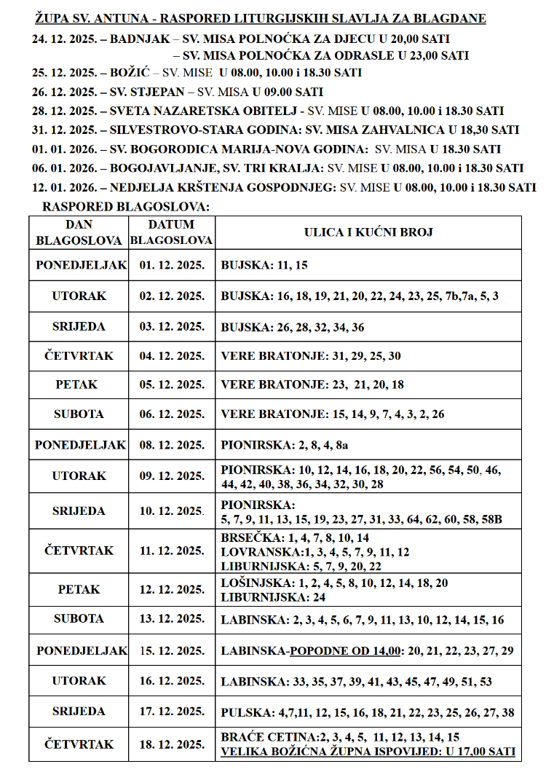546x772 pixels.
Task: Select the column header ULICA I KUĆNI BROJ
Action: click(x=368, y=233)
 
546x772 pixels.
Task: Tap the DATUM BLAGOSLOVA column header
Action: click(x=172, y=233)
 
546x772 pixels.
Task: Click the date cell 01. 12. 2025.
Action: click(x=172, y=265)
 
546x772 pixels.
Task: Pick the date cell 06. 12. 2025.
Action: click(x=172, y=414)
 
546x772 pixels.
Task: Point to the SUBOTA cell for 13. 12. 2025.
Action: click(x=79, y=619)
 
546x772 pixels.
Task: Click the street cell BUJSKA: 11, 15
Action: click(x=264, y=265)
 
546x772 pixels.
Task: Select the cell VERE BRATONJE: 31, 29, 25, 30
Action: click(x=311, y=356)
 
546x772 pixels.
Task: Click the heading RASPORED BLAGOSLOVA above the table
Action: click(x=126, y=207)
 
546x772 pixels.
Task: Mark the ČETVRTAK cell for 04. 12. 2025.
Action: click(x=79, y=356)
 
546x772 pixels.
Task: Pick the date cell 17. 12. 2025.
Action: click(x=172, y=711)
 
